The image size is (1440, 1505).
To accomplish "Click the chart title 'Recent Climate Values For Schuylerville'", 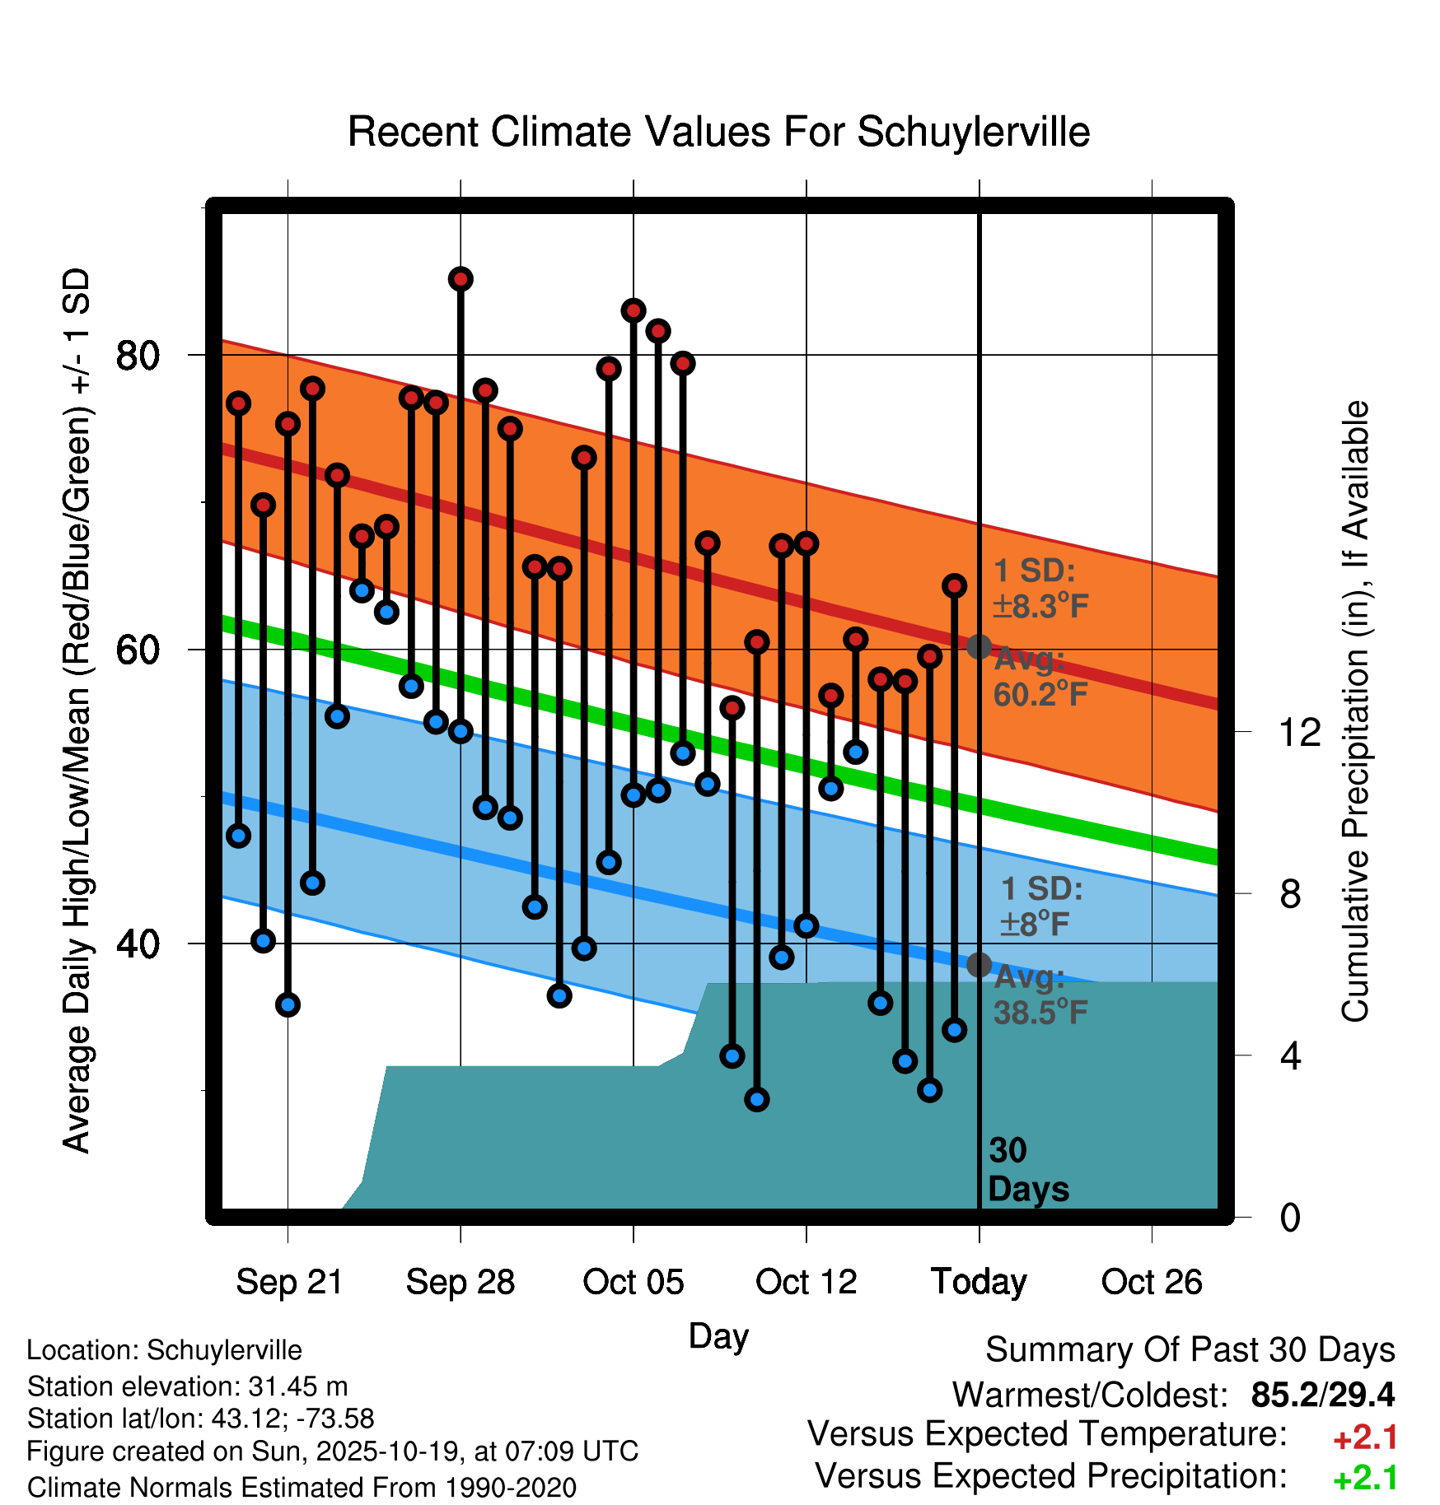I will pos(718,133).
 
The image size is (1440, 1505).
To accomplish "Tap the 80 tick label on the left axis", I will pos(138,356).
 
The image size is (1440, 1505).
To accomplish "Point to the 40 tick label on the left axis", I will pos(138,944).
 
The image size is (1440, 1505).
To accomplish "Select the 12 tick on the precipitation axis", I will pos(1299,732).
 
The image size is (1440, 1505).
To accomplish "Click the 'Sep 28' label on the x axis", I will pos(461,1282).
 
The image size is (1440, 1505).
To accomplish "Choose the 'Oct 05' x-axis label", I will pos(633,1282).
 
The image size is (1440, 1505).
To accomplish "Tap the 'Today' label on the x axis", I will pos(979,1282).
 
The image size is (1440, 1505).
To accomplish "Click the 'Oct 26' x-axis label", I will pos(1152,1282).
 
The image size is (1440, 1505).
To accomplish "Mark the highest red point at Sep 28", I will pos(461,279).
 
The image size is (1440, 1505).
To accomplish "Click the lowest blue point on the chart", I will pos(757,1099).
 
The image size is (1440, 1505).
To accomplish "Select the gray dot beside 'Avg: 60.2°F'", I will pos(979,646).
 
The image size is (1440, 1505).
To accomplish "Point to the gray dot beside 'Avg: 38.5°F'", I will pos(979,964).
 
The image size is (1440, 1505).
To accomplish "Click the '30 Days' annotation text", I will pos(1027,1170).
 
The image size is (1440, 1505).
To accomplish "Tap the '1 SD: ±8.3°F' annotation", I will pos(1040,589).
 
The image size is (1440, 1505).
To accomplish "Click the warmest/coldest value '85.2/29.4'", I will pos(1322,1395).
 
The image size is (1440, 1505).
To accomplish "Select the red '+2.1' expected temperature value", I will pos(1365,1437).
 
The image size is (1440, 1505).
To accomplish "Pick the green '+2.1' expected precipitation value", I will pos(1365,1478).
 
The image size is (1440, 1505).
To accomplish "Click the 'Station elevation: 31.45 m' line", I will pos(187,1386).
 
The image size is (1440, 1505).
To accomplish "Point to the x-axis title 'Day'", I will pos(718,1335).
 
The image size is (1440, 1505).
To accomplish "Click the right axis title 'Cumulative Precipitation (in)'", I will pos(1355,712).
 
